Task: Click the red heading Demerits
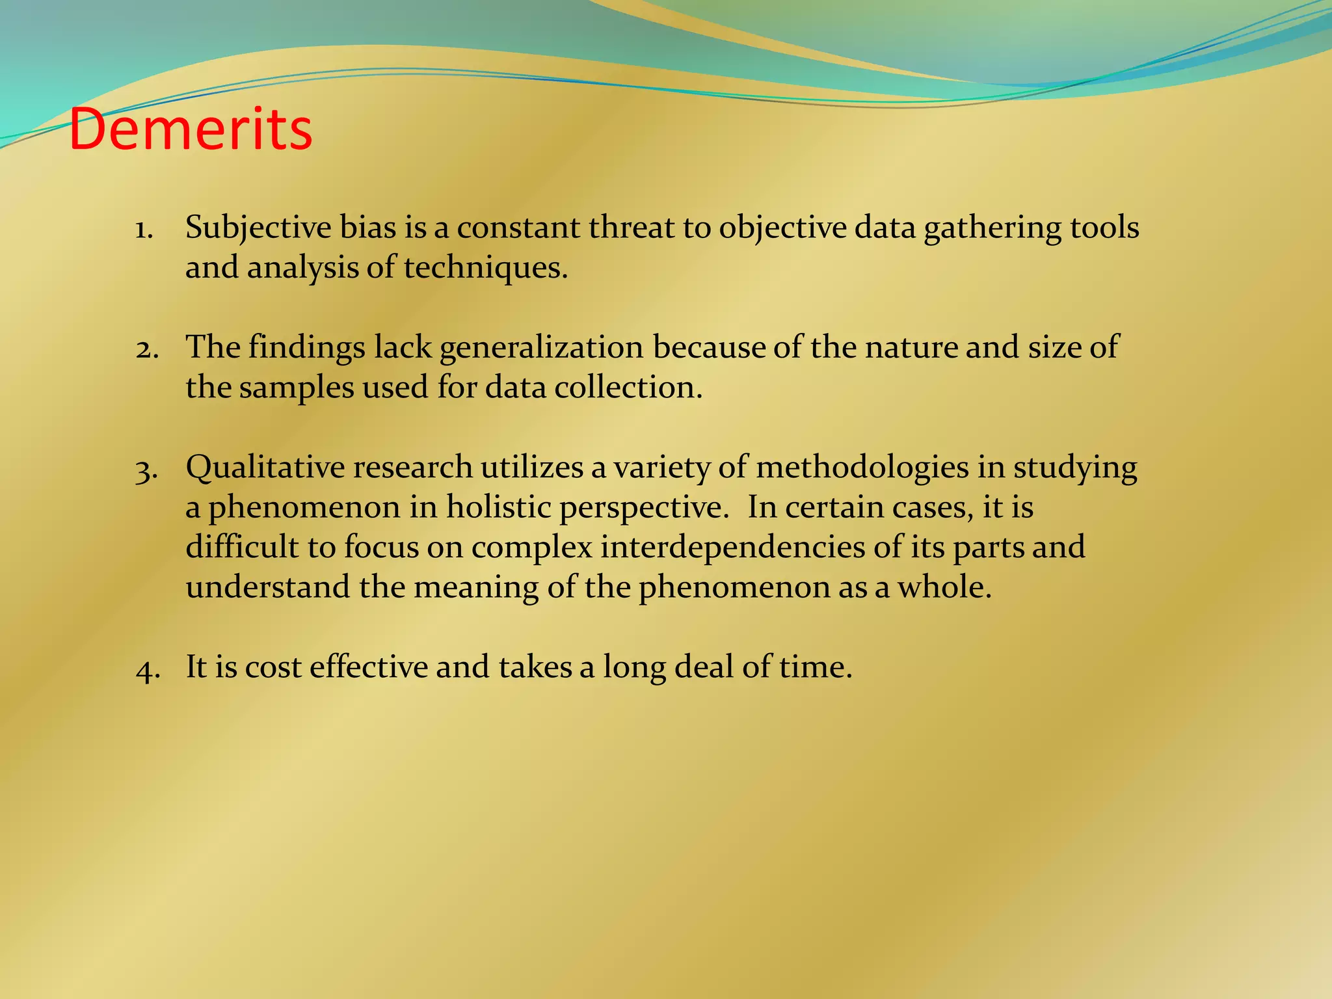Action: (x=191, y=129)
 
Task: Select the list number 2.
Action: (x=147, y=349)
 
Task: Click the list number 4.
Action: (x=148, y=669)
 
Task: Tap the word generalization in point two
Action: (x=541, y=348)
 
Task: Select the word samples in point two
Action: (x=296, y=388)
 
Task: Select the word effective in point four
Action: (x=368, y=667)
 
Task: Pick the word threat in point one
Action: (x=631, y=228)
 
